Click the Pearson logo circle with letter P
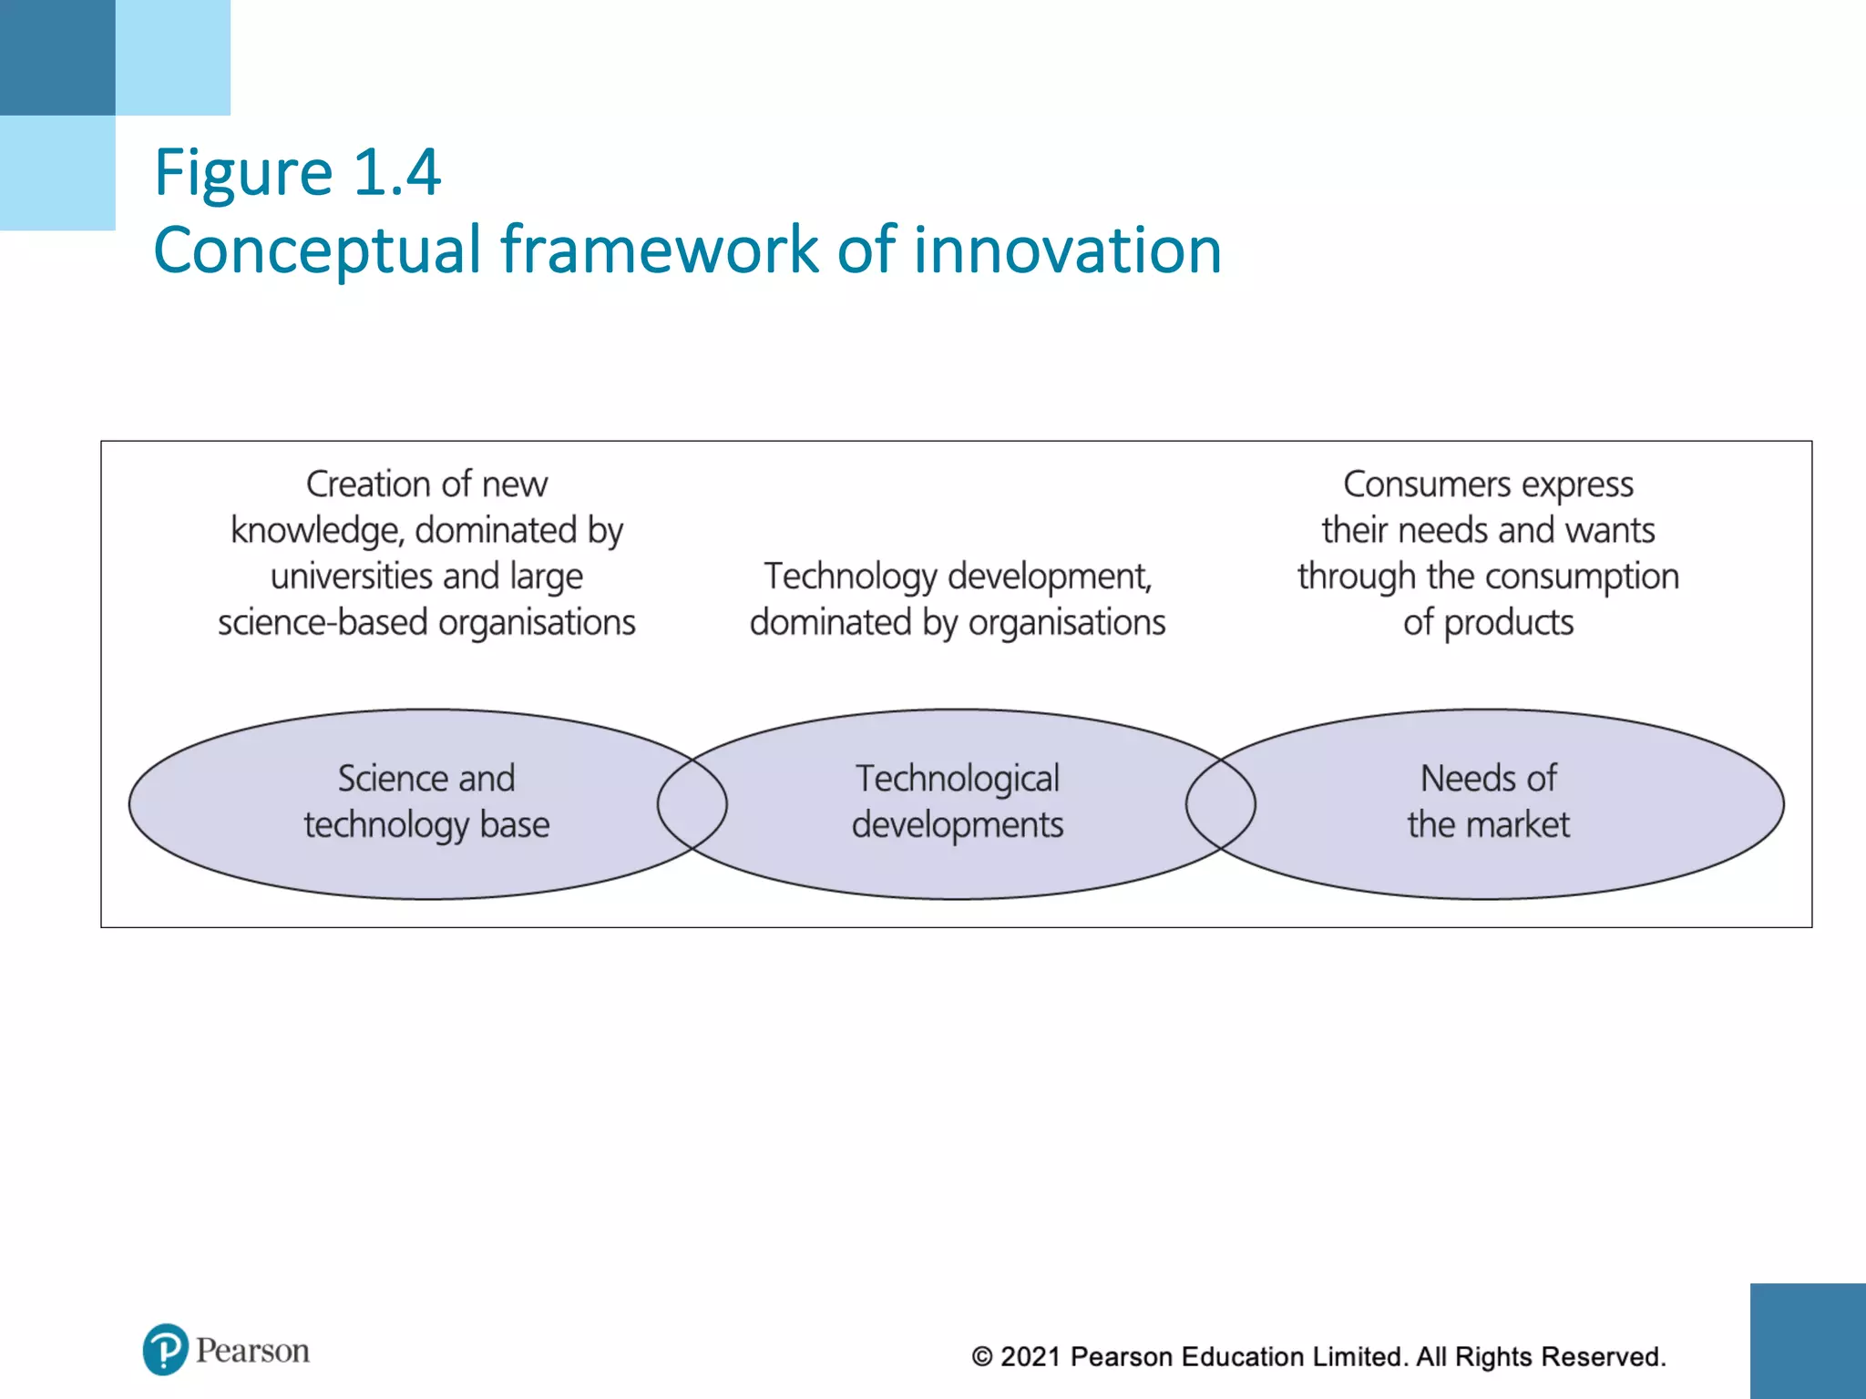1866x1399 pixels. coord(165,1349)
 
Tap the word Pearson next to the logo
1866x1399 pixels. coord(252,1350)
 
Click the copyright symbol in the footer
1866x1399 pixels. coord(981,1357)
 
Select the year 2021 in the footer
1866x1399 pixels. coord(1030,1356)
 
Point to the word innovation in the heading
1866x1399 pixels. coord(1067,250)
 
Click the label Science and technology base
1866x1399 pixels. coord(426,802)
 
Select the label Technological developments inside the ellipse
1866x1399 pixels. coord(957,802)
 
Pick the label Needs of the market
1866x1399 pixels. coord(1488,802)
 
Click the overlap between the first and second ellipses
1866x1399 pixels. coord(692,804)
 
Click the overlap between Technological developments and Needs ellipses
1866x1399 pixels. coord(1221,804)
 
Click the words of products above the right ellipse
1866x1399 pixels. coord(1488,623)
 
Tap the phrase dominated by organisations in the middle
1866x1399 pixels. coord(957,623)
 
